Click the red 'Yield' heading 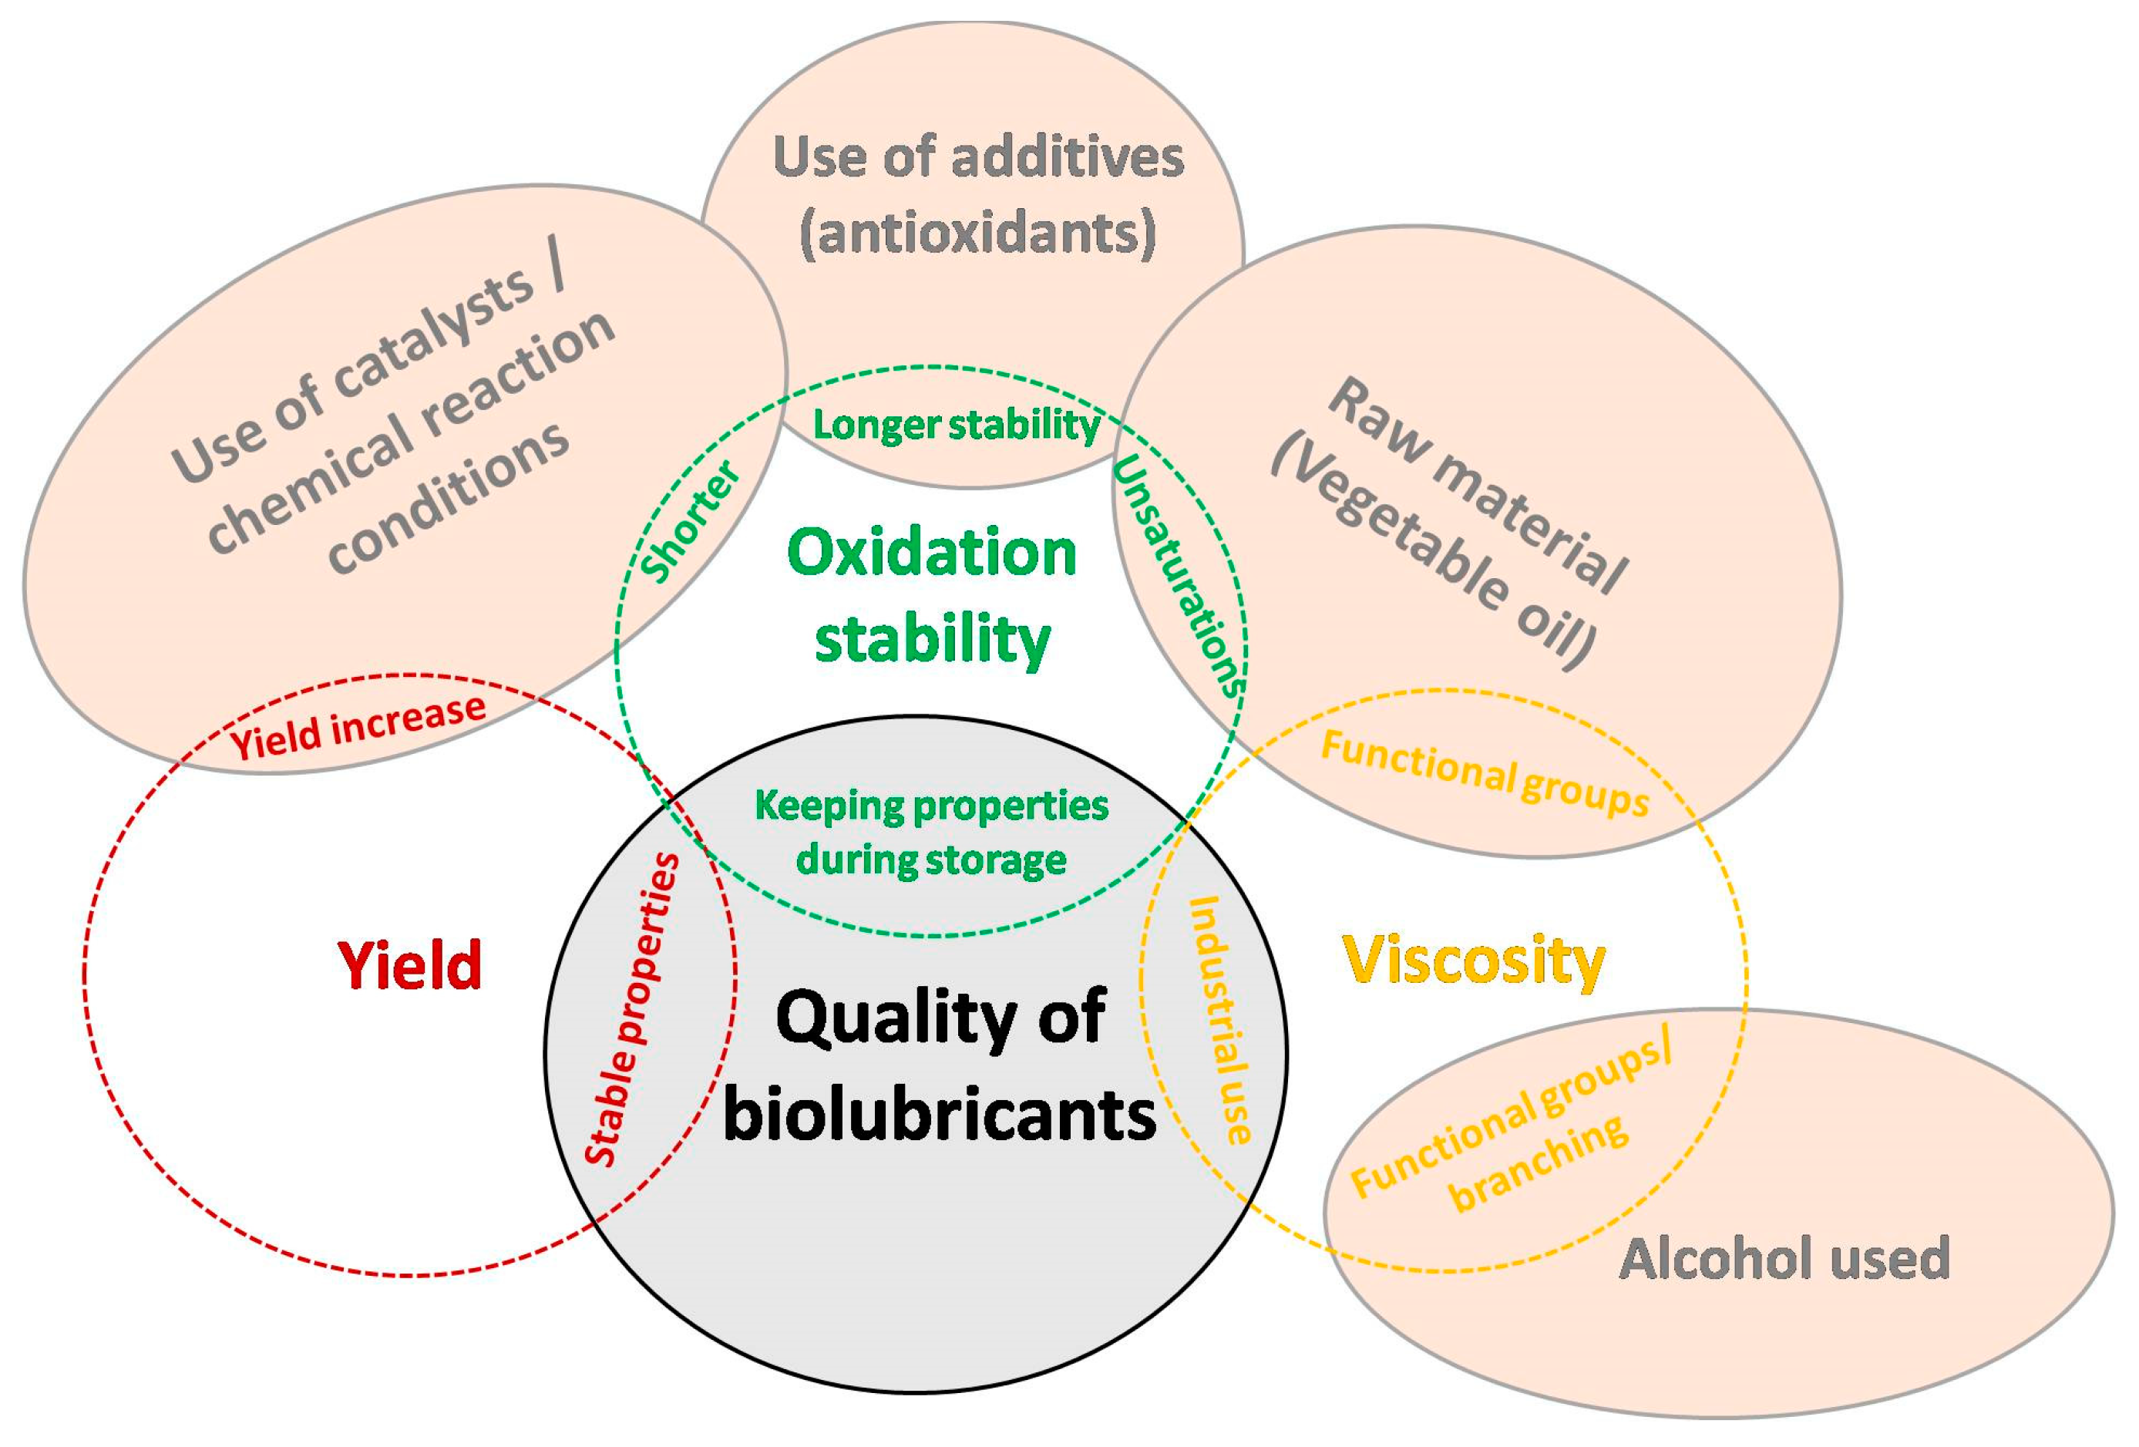[x=409, y=966]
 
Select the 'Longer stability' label [x=955, y=426]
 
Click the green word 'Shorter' [x=691, y=523]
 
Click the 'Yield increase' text [x=358, y=727]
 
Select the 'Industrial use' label [x=1220, y=1021]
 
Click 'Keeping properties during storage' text [x=930, y=832]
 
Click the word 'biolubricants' [x=939, y=1114]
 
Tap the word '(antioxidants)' [x=977, y=233]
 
